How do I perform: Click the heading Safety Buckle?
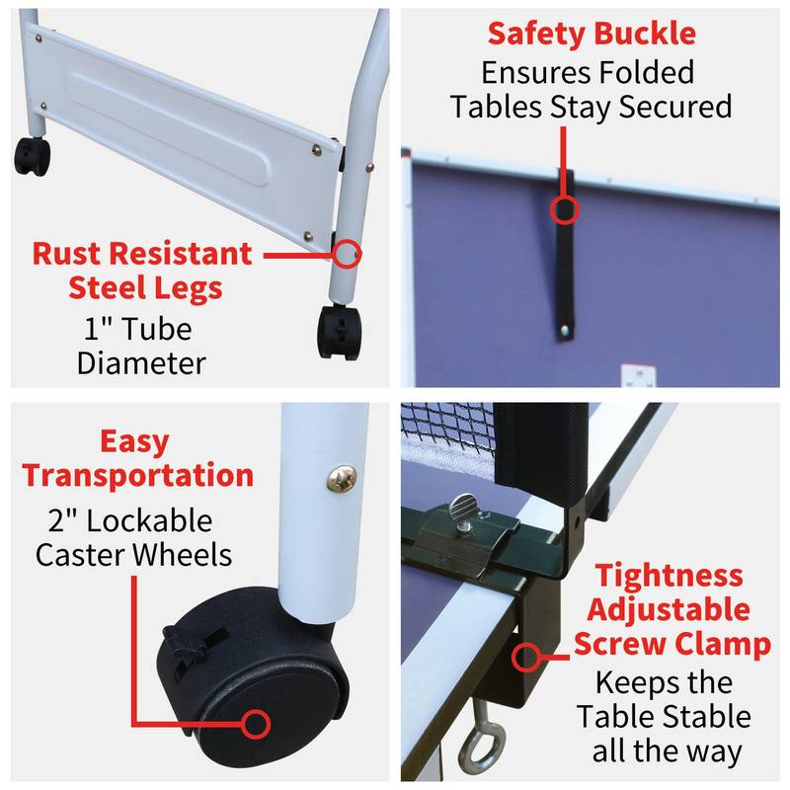tap(592, 34)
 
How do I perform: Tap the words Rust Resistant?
tap(142, 254)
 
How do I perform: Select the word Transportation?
tap(138, 475)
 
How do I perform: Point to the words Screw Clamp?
tap(672, 644)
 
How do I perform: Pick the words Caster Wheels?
tap(134, 554)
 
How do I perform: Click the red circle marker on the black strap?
tap(565, 209)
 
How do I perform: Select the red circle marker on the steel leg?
tap(345, 255)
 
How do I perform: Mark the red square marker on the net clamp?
tap(524, 655)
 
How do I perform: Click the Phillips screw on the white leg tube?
tap(340, 478)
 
